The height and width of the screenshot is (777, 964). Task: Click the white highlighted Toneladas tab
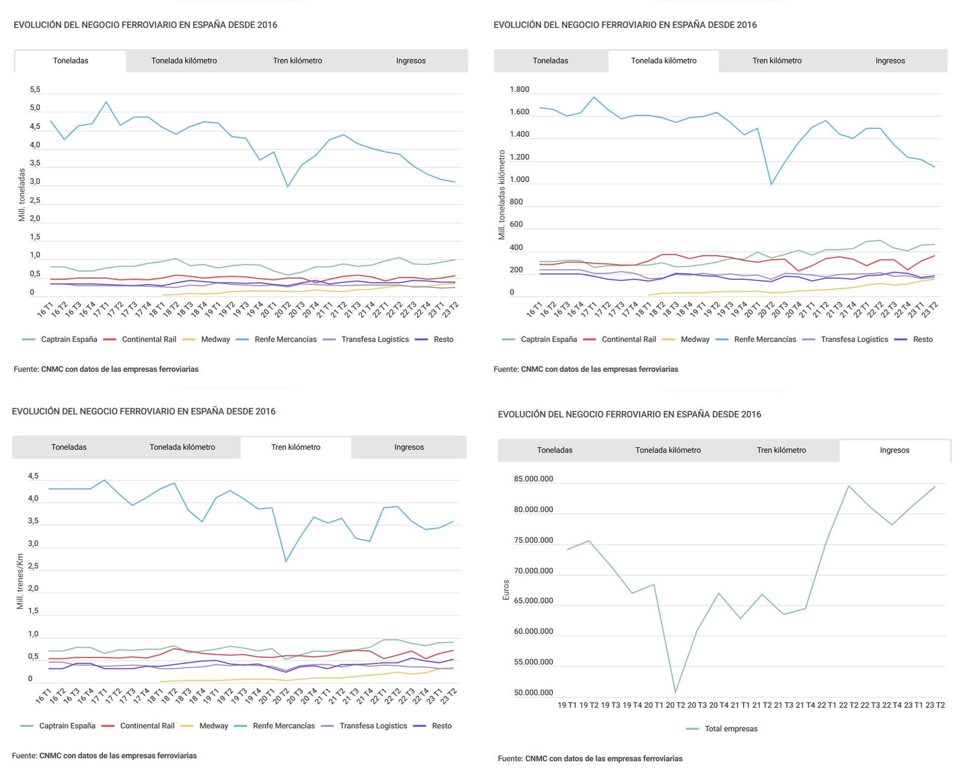click(x=70, y=61)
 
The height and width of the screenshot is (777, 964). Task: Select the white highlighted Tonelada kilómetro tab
click(x=663, y=61)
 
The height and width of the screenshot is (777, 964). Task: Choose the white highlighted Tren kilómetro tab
click(x=295, y=447)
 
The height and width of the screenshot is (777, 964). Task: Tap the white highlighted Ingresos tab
click(x=894, y=450)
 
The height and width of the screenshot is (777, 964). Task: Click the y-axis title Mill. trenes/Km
click(x=20, y=581)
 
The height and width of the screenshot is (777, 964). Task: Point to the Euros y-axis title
click(x=506, y=590)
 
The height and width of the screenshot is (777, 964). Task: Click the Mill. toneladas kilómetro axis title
click(x=502, y=194)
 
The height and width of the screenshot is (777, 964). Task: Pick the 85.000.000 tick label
click(x=533, y=479)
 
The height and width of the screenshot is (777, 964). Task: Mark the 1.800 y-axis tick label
click(x=519, y=90)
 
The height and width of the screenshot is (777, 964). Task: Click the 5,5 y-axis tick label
click(x=35, y=90)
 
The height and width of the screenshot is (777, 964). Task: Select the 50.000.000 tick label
click(x=533, y=693)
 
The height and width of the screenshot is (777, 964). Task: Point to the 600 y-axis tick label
click(x=516, y=224)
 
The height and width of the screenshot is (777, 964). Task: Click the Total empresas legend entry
click(x=731, y=729)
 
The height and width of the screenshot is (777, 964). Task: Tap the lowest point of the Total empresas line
click(x=675, y=692)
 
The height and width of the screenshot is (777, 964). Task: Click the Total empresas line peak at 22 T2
click(x=848, y=486)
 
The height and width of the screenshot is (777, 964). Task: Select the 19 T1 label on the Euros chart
click(x=567, y=706)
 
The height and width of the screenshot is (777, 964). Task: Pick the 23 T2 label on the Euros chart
click(x=934, y=706)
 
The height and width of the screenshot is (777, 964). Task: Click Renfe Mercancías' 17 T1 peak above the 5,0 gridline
click(x=106, y=102)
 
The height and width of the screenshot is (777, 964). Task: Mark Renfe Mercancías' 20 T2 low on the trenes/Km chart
click(x=286, y=561)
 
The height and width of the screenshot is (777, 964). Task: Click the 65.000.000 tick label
click(x=533, y=601)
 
